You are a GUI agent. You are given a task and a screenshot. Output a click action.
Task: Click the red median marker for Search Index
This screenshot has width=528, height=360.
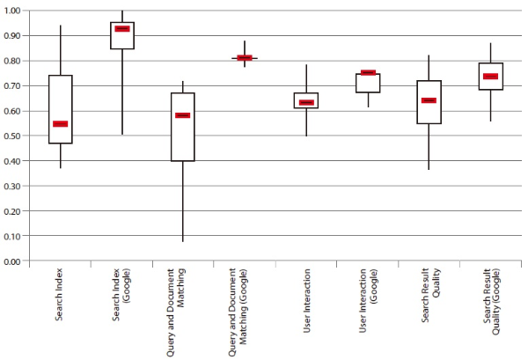point(60,124)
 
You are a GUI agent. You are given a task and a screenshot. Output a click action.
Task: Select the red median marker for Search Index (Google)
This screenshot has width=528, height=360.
point(121,29)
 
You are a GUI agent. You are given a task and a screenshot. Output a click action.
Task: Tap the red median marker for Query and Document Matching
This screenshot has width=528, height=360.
point(182,115)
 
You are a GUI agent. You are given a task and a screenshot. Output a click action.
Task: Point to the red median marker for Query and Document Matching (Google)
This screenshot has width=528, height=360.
point(244,58)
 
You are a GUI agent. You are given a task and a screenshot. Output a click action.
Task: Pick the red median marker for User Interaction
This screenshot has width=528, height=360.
point(305,103)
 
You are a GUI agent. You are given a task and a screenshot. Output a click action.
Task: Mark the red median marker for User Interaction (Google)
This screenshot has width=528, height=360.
point(367,73)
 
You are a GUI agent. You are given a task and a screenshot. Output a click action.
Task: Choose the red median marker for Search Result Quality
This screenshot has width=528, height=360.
point(429,100)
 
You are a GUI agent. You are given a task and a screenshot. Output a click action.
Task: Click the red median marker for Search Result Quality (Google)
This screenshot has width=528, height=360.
point(490,77)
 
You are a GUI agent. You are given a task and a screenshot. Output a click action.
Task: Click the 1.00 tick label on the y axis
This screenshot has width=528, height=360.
point(15,11)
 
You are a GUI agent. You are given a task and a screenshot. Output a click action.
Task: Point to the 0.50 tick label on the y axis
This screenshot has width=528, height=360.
point(15,136)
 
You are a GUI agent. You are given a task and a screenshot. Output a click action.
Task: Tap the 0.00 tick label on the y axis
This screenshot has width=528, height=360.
point(15,262)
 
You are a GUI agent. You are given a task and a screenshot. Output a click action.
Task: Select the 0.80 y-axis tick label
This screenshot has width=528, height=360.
point(15,61)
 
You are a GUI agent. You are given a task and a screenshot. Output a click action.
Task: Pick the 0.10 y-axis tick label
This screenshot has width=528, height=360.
point(15,237)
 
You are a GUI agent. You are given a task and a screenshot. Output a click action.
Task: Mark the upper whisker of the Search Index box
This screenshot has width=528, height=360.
point(60,50)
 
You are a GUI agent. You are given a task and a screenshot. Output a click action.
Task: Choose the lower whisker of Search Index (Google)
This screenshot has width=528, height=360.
point(121,92)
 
